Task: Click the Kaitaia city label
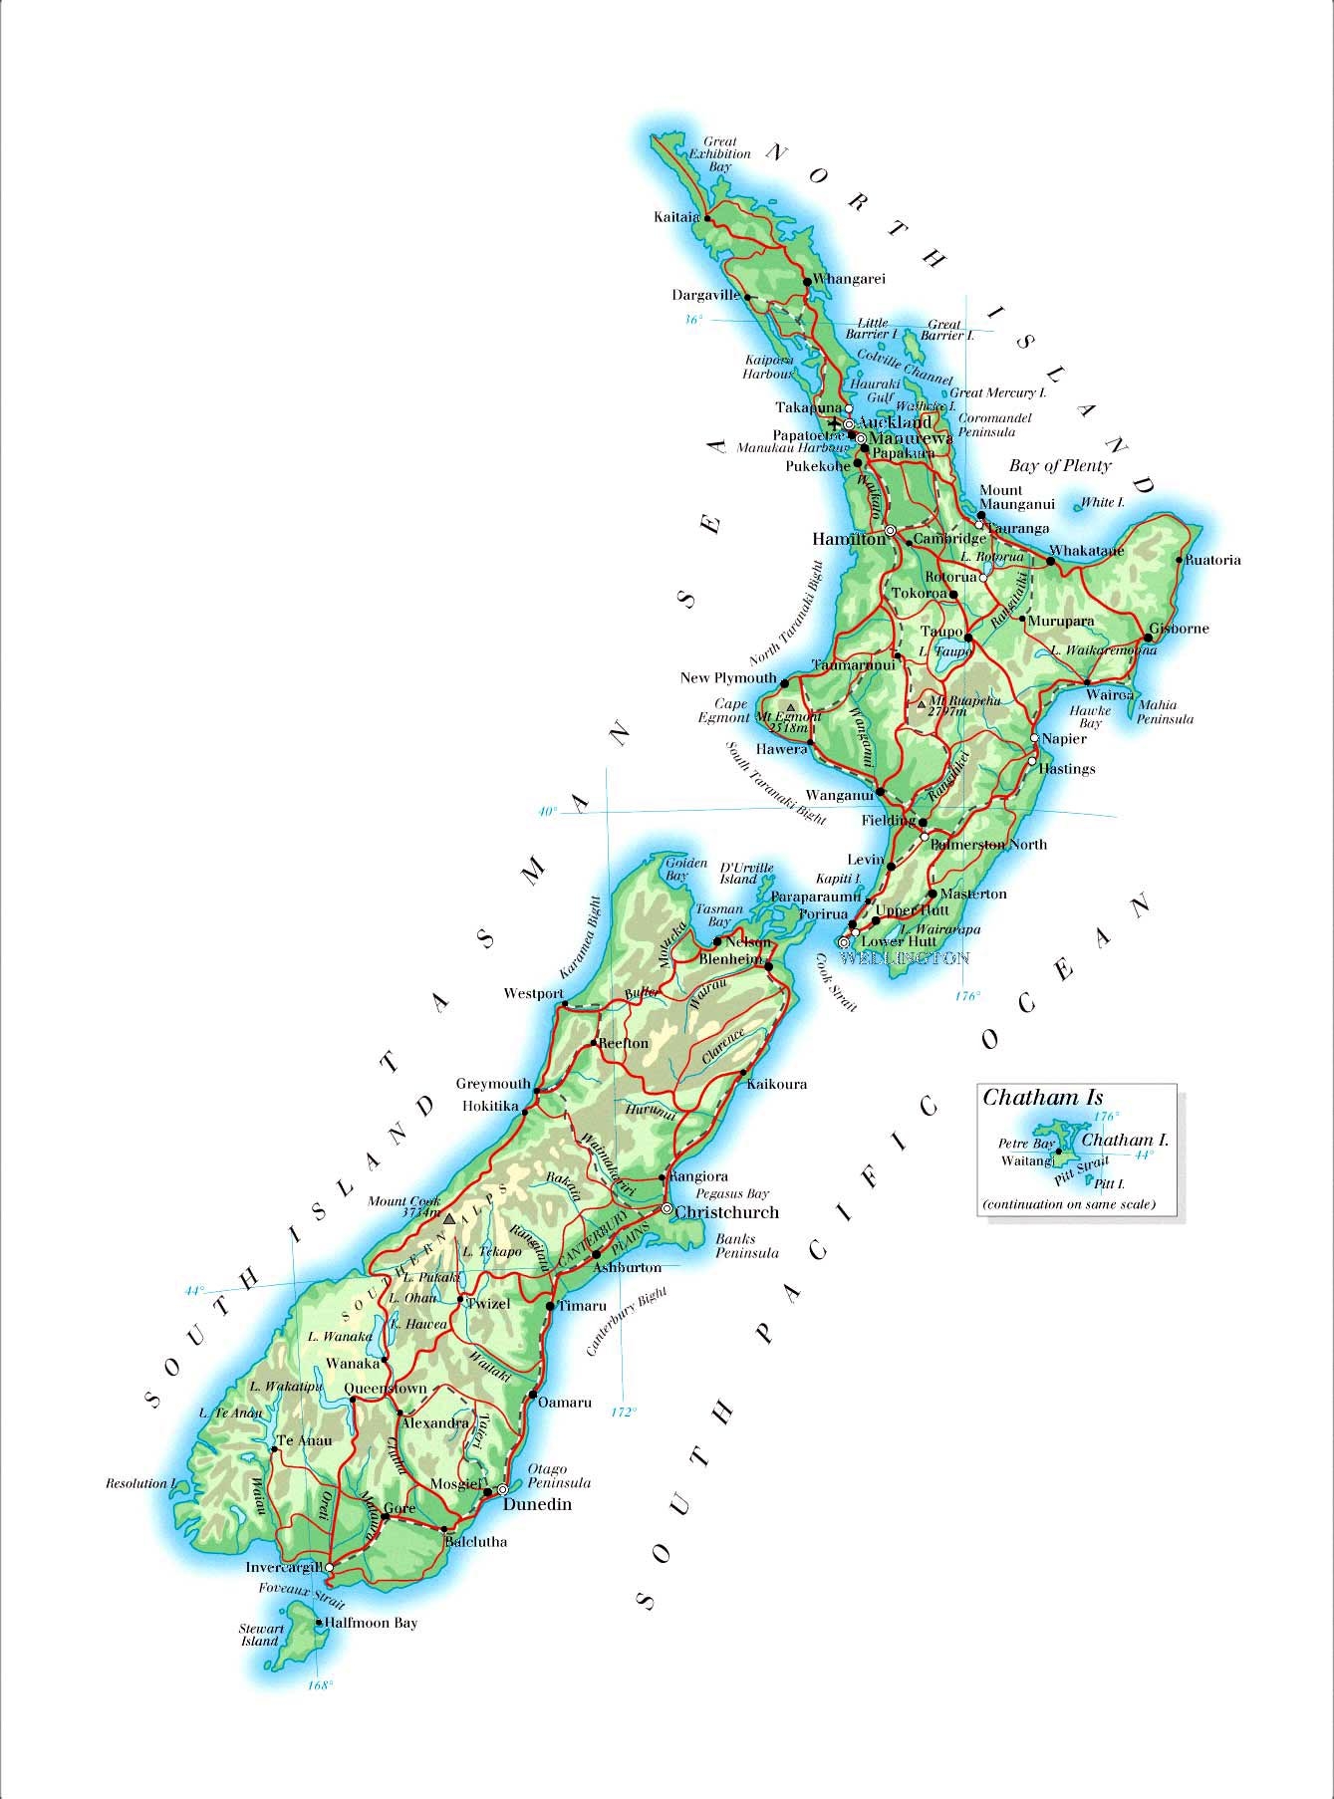(675, 216)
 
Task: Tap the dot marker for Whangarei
(807, 282)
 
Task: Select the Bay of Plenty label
(1060, 465)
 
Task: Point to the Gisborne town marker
(1149, 638)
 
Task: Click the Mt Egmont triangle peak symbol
(791, 707)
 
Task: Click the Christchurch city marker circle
(667, 1208)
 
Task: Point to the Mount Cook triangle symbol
(449, 1218)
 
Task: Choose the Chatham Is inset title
(1043, 1098)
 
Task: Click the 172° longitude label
(623, 1411)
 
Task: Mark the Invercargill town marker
(330, 1567)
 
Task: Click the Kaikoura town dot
(743, 1073)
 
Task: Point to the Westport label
(533, 993)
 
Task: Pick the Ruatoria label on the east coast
(1214, 560)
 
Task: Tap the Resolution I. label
(140, 1483)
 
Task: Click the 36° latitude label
(693, 320)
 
